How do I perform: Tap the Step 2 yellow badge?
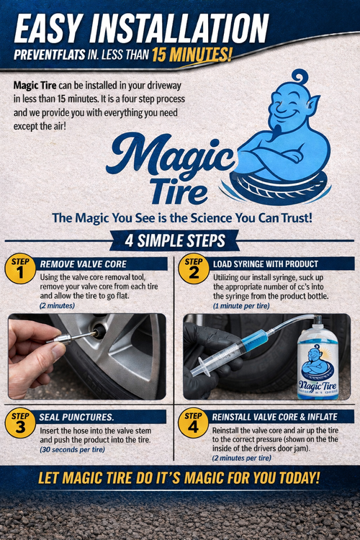193,269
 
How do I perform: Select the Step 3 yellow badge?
21,423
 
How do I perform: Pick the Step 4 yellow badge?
193,423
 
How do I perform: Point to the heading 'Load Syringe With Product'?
266,264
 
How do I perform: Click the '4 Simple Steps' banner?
179,240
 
